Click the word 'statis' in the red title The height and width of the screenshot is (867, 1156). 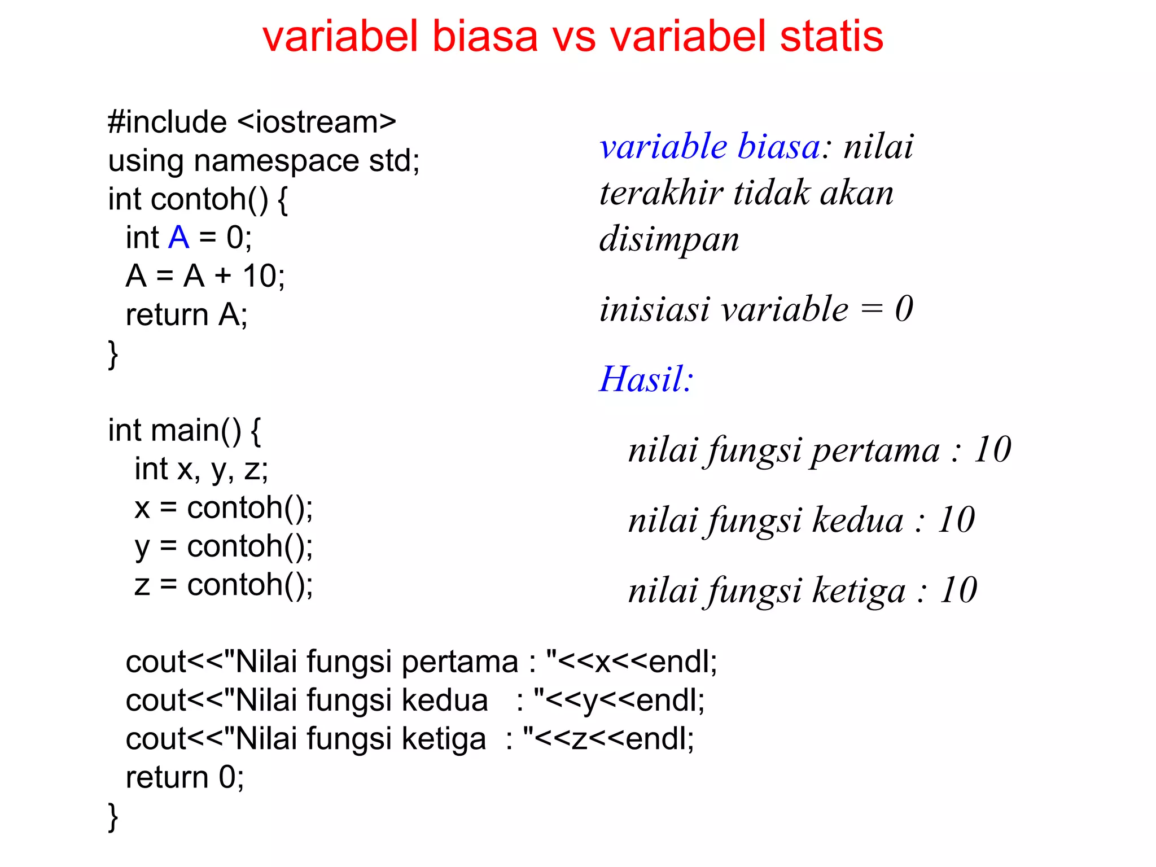(831, 37)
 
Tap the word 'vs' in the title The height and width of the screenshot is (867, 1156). (573, 37)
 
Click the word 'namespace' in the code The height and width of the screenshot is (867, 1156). (276, 161)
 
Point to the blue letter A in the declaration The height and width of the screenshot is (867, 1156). (178, 238)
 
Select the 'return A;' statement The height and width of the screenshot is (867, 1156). (186, 315)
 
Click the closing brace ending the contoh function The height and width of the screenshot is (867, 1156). (113, 354)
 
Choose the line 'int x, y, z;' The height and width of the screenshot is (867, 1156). (201, 470)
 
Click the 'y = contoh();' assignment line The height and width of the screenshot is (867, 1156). (224, 546)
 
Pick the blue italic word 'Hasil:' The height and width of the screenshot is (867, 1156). (646, 379)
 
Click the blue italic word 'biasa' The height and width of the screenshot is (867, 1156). (779, 147)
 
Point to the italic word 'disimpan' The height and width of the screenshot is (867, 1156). (669, 239)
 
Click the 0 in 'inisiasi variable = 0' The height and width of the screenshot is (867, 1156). (904, 309)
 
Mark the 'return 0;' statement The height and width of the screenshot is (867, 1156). (185, 778)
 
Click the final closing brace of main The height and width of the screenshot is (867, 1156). (113, 817)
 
